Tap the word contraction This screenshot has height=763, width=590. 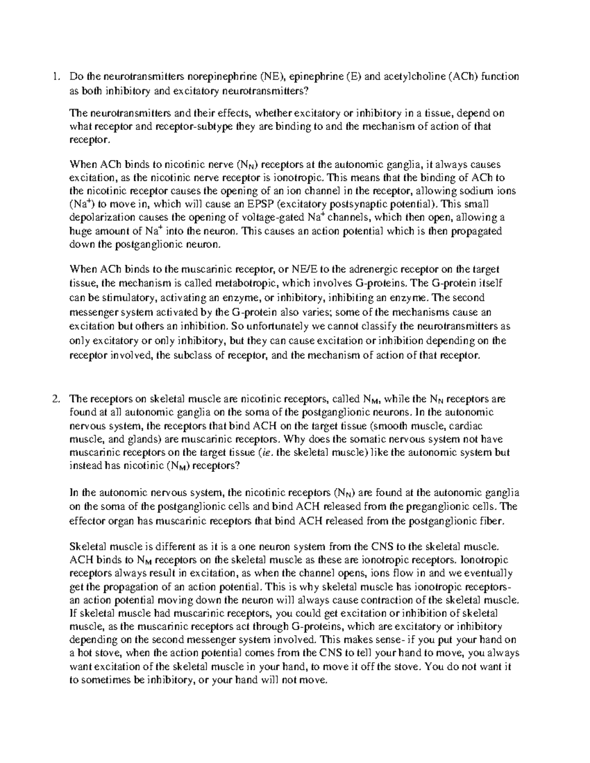(388, 600)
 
